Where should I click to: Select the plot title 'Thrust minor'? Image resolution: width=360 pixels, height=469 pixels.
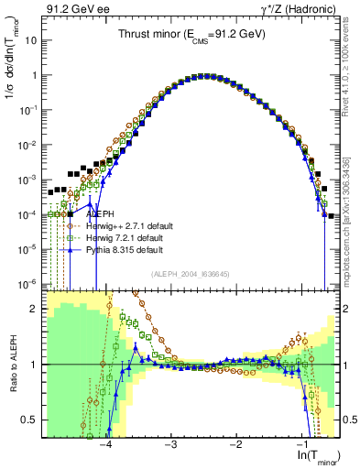[x=189, y=34]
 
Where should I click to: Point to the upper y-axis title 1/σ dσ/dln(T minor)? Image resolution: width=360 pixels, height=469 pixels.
[x=13, y=84]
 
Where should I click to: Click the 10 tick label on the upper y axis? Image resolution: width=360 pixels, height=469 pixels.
[x=31, y=41]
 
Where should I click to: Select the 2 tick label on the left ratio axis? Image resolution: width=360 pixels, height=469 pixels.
[x=36, y=309]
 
